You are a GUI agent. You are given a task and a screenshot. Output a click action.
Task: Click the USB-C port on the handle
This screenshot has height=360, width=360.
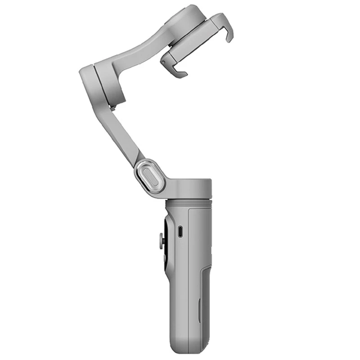[x=180, y=232]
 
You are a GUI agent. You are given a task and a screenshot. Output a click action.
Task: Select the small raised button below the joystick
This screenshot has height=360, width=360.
[x=165, y=258]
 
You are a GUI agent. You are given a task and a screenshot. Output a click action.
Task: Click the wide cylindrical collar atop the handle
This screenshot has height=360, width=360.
[x=189, y=189]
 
